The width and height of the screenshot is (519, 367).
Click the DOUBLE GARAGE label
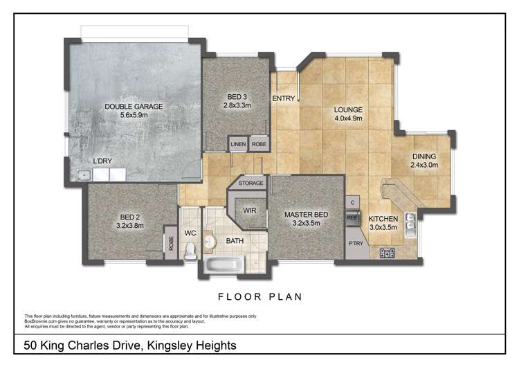[x=134, y=107]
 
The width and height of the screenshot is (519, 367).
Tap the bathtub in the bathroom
[x=223, y=265]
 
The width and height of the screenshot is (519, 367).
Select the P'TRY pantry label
[x=356, y=244]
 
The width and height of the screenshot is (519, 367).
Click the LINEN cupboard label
[x=238, y=144]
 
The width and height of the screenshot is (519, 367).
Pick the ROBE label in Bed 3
[x=258, y=144]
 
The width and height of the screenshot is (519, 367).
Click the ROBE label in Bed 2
[x=169, y=244]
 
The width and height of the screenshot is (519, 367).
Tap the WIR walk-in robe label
[x=250, y=211]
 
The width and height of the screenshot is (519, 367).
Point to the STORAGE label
[x=251, y=184]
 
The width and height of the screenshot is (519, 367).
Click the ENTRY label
[x=284, y=98]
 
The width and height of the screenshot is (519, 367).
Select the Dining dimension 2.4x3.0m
[x=426, y=165]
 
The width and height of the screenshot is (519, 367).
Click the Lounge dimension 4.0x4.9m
[x=348, y=118]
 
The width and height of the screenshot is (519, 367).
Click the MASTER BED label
[x=306, y=215]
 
